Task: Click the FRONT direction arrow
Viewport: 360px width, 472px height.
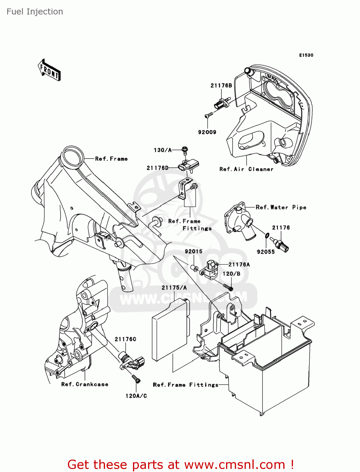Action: click(49, 70)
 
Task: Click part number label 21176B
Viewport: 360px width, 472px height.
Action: click(221, 86)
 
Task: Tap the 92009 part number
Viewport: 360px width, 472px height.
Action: click(207, 132)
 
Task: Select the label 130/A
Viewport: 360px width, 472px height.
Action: click(163, 150)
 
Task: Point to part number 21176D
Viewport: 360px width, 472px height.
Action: click(158, 168)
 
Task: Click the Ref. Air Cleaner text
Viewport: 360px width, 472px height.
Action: click(246, 169)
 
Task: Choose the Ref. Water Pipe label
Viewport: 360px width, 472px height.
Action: click(281, 207)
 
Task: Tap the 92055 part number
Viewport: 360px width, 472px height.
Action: click(266, 252)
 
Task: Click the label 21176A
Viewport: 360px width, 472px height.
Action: click(239, 265)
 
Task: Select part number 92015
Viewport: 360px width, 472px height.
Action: click(193, 251)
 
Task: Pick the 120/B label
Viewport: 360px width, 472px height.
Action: click(231, 274)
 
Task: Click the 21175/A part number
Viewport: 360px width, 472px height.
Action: click(174, 288)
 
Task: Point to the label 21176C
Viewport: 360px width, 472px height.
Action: click(125, 339)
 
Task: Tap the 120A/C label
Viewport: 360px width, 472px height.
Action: click(136, 396)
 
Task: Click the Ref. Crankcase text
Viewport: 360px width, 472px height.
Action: click(85, 384)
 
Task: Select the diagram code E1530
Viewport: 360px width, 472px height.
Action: click(306, 55)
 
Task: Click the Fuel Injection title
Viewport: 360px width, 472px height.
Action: click(35, 12)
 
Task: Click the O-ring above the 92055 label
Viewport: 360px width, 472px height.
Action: click(267, 235)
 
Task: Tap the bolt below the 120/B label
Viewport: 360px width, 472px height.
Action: click(228, 287)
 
